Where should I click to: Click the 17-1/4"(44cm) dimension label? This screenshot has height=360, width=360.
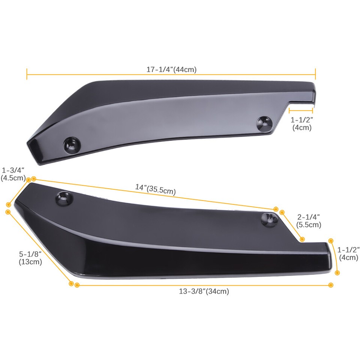tap(171, 69)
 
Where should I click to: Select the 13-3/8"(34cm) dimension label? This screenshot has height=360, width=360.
tap(204, 291)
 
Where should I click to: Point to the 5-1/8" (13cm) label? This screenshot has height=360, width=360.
tap(30, 258)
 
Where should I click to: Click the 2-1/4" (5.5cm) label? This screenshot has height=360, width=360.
tap(309, 221)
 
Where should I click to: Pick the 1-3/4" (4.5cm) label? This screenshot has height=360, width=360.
tap(13, 174)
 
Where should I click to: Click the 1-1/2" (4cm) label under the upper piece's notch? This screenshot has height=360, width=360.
tap(301, 124)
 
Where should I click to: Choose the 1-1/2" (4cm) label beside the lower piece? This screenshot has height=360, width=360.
tap(349, 253)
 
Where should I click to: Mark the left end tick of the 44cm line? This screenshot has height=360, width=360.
tap(27, 74)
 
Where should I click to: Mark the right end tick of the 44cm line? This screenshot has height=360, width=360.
tap(315, 74)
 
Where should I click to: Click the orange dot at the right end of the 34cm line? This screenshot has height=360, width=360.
tap(330, 285)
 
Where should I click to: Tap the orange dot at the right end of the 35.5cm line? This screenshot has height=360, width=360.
tap(276, 209)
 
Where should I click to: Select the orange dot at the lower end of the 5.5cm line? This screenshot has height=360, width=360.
tap(302, 239)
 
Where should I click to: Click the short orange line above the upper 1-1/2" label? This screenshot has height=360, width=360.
tap(301, 110)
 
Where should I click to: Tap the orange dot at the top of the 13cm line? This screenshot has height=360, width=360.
tap(8, 212)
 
